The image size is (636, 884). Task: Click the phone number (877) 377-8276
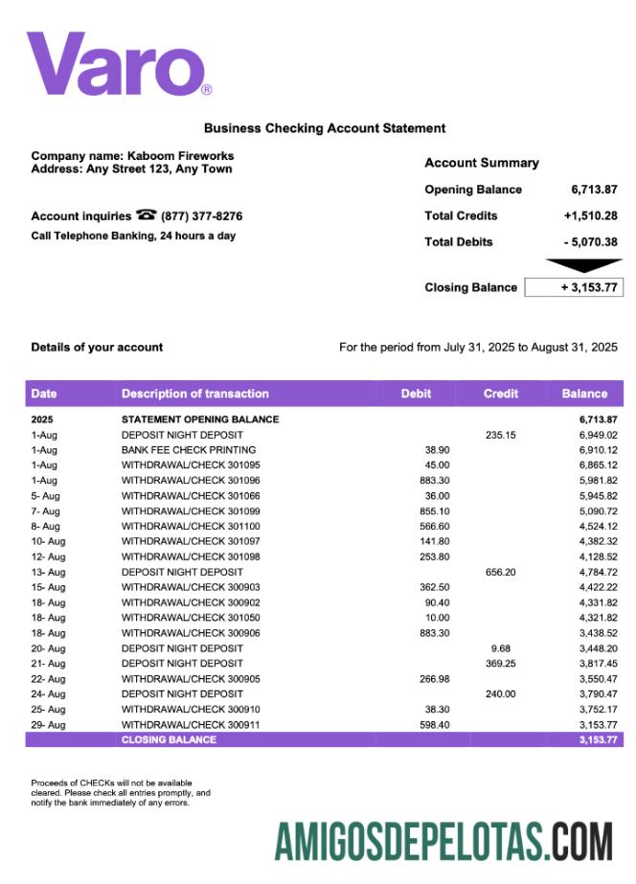point(201,216)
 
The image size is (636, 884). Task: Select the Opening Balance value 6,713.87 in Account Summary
point(594,190)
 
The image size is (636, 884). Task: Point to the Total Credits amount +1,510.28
point(590,215)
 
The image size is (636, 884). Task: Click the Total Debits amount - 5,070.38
point(590,242)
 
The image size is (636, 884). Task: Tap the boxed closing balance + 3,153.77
point(574,287)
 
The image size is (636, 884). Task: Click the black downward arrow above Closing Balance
point(582,265)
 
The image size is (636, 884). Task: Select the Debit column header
point(416,394)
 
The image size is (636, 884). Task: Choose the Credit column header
point(501,394)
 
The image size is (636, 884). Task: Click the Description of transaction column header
point(194,394)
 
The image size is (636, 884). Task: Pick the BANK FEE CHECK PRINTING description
point(189,449)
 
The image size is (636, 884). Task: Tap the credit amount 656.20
point(500,572)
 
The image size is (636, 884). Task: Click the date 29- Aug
point(48,725)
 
